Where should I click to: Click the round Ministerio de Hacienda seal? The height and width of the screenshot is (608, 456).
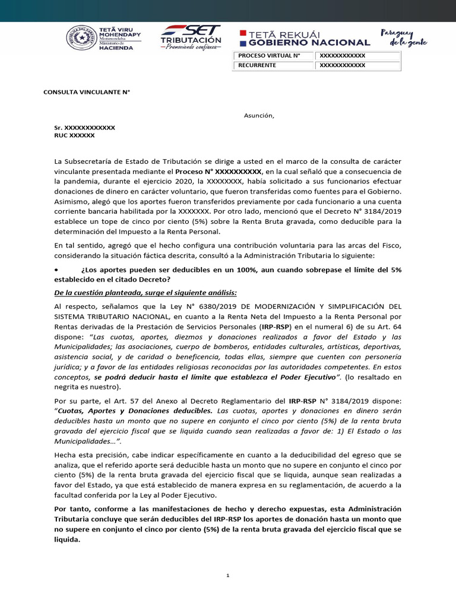(x=82, y=39)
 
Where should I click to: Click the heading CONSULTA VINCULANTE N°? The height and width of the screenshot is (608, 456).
(x=87, y=92)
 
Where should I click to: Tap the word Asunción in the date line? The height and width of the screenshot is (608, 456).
(x=259, y=116)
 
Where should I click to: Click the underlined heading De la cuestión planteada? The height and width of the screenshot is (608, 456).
(x=145, y=292)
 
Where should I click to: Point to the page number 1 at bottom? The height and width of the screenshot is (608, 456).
(x=228, y=575)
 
